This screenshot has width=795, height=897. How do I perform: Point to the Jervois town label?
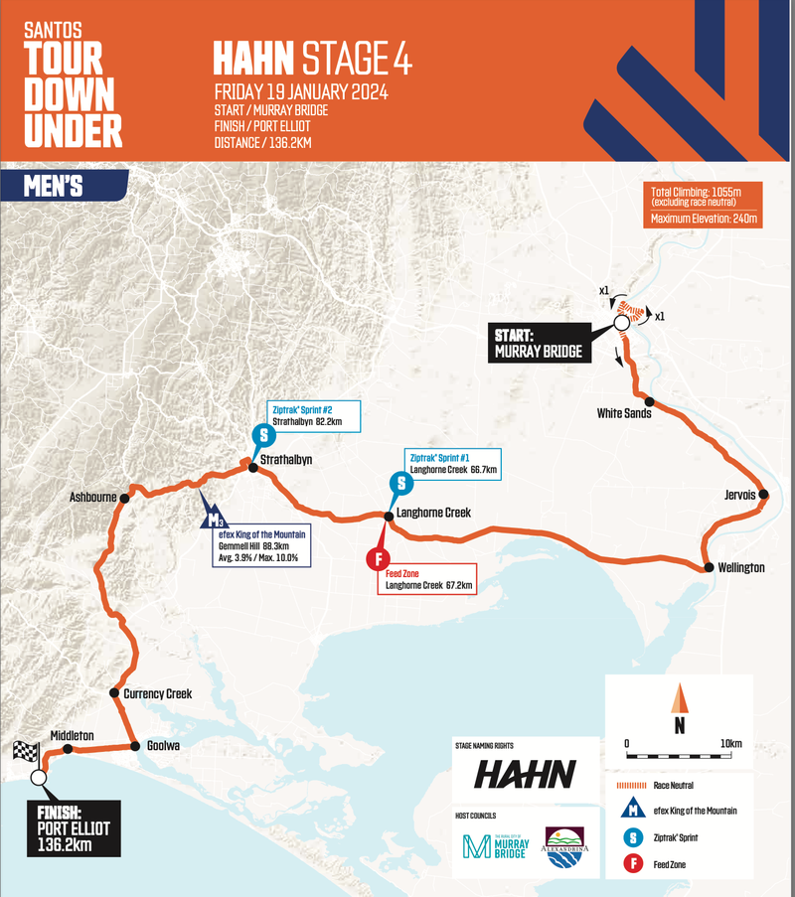[x=738, y=494]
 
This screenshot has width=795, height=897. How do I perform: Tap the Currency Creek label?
[x=156, y=693]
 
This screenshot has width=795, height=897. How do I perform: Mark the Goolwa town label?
[x=164, y=745]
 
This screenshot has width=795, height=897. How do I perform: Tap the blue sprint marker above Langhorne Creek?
[x=399, y=484]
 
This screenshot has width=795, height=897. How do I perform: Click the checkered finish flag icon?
[x=24, y=752]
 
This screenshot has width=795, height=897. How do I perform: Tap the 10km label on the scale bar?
[x=732, y=744]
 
